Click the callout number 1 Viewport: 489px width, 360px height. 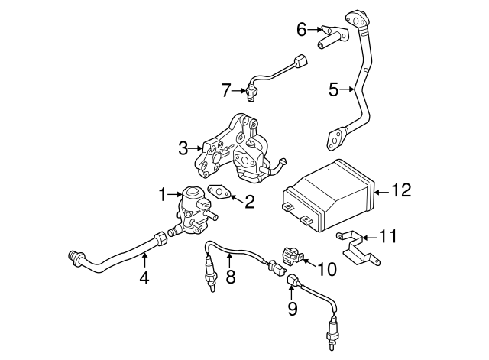click(163, 195)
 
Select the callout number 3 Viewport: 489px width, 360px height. click(183, 148)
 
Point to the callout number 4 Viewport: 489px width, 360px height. click(144, 278)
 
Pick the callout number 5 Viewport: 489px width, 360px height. click(333, 90)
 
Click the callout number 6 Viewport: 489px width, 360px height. click(302, 30)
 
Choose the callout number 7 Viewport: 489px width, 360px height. click(225, 91)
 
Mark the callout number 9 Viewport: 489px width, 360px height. click(292, 308)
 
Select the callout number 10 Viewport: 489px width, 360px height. click(326, 268)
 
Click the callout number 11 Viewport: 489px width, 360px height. click(390, 236)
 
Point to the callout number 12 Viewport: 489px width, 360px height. click(401, 189)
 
